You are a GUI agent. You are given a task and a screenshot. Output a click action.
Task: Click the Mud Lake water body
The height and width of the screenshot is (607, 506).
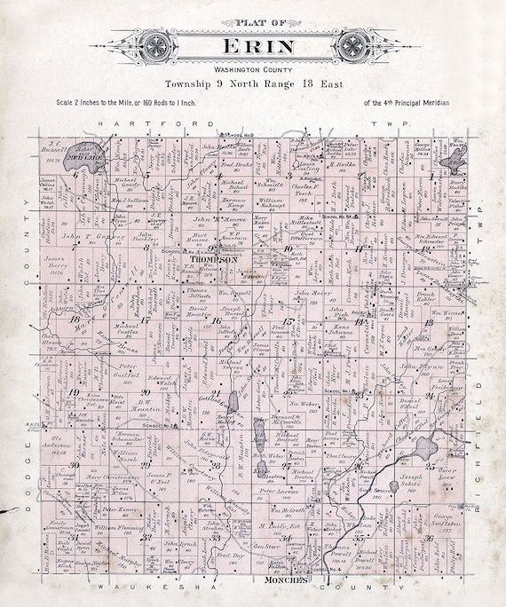[x=84, y=152]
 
